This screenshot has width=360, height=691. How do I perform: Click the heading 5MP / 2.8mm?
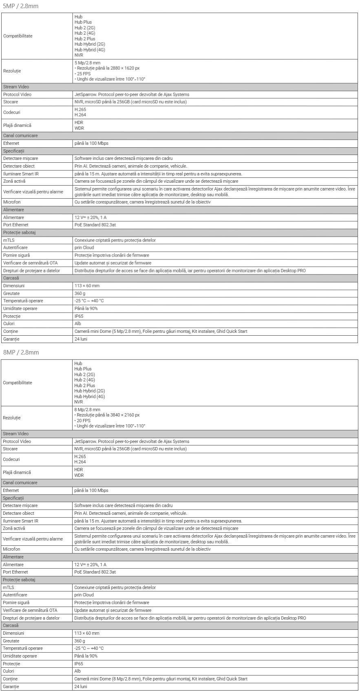pyautogui.click(x=20, y=7)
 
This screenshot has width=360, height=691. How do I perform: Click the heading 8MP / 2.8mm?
pyautogui.click(x=20, y=352)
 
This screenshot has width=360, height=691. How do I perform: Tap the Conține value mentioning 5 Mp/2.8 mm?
pyautogui.click(x=161, y=331)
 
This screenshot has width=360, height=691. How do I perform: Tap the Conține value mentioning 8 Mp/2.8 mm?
pyautogui.click(x=161, y=679)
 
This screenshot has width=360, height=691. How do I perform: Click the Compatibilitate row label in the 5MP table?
pyautogui.click(x=18, y=36)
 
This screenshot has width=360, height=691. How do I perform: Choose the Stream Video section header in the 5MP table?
pyautogui.click(x=16, y=87)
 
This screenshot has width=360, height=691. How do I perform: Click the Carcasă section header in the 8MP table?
pyautogui.click(x=11, y=625)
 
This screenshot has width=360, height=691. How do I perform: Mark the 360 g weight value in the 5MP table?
pyautogui.click(x=80, y=293)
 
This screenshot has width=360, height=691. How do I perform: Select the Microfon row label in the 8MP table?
pyautogui.click(x=11, y=549)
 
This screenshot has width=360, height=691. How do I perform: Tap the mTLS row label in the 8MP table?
pyautogui.click(x=8, y=587)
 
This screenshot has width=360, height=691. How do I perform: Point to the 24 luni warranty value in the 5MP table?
pyautogui.click(x=81, y=339)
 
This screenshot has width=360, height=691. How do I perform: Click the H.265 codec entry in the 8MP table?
pyautogui.click(x=80, y=456)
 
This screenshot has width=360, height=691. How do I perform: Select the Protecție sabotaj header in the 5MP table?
pyautogui.click(x=19, y=233)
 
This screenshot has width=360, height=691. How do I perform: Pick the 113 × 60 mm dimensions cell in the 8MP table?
pyautogui.click(x=87, y=633)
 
